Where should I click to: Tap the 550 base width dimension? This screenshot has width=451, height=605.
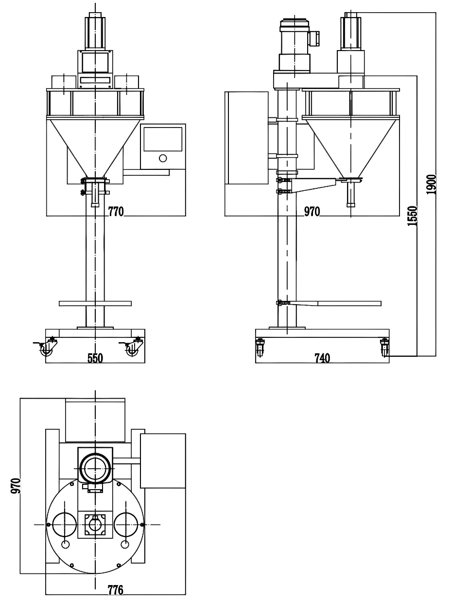tap(95, 358)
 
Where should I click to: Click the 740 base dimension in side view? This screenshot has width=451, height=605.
tap(322, 358)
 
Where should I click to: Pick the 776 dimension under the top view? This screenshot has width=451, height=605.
tap(116, 590)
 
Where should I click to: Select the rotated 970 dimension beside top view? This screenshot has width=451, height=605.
tap(16, 485)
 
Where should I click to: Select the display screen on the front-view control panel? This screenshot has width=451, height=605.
tap(162, 138)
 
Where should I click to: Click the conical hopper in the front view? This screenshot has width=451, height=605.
tap(95, 144)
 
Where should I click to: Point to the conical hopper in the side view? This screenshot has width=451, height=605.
tap(350, 144)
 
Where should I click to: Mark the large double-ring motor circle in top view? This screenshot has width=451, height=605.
tap(95, 468)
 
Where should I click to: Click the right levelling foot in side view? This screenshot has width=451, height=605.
tap(384, 348)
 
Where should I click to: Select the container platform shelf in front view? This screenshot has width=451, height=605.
tap(95, 303)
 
